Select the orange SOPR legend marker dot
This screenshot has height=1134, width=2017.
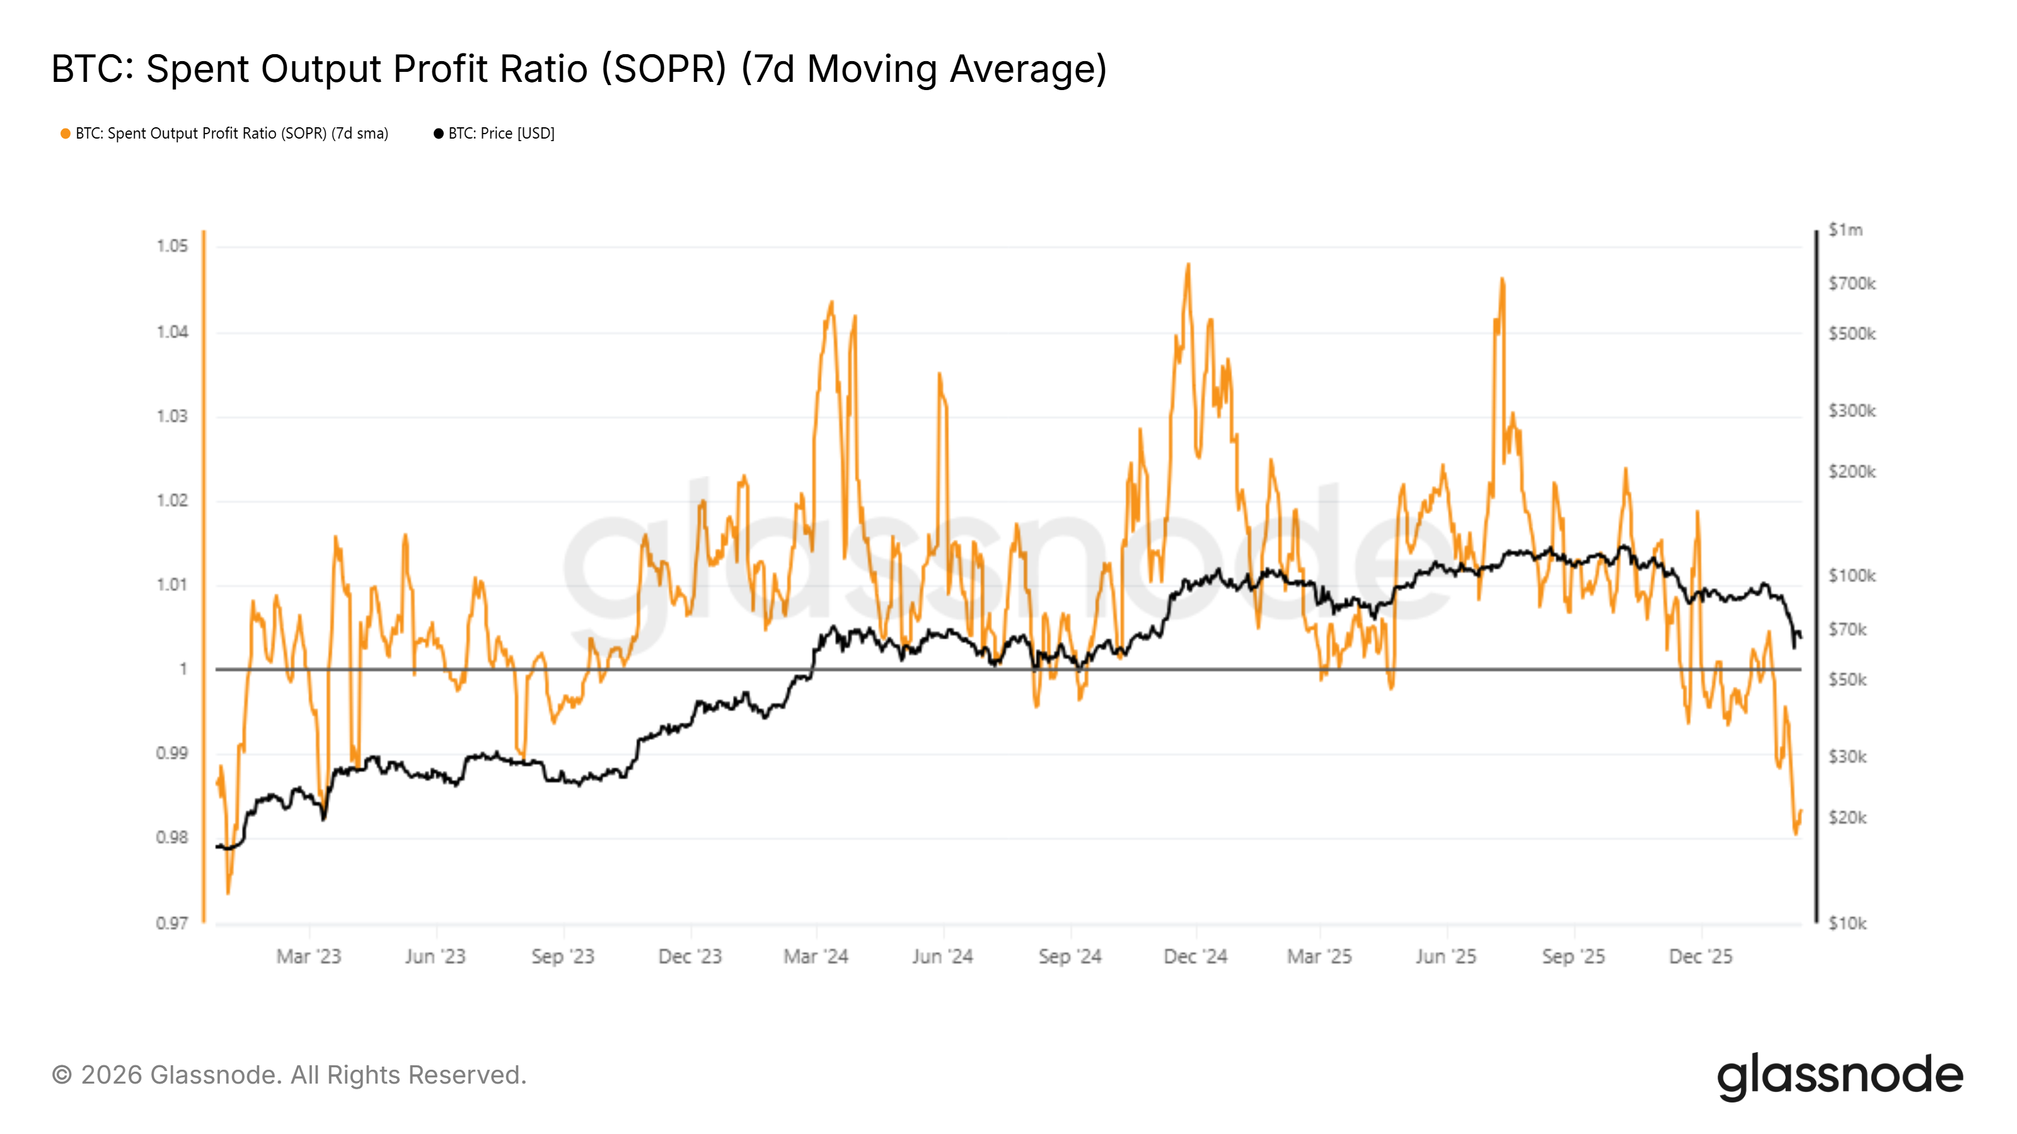point(66,134)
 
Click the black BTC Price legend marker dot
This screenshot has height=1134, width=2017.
point(439,134)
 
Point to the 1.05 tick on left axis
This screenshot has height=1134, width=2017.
point(172,246)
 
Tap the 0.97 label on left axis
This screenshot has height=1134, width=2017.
point(172,924)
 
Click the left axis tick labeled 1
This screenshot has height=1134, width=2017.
point(183,669)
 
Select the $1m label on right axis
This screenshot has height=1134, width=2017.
point(1846,230)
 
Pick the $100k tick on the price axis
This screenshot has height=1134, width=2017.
point(1852,576)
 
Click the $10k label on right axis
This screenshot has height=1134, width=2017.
point(1847,924)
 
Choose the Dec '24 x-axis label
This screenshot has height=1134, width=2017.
point(1195,956)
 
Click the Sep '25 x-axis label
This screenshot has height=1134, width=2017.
point(1573,956)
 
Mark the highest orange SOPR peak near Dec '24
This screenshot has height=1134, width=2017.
point(1188,265)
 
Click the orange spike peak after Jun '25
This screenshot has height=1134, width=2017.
point(1502,279)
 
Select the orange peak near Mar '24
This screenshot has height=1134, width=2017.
point(831,303)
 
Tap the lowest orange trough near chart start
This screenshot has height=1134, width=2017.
point(228,892)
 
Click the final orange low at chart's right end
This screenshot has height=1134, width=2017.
point(1796,833)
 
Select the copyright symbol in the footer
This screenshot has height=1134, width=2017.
point(62,1075)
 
